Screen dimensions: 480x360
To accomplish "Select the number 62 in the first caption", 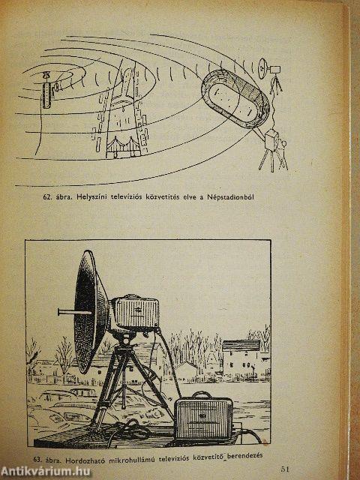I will point(47,199).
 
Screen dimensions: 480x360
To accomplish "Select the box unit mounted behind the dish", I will point(135,313).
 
